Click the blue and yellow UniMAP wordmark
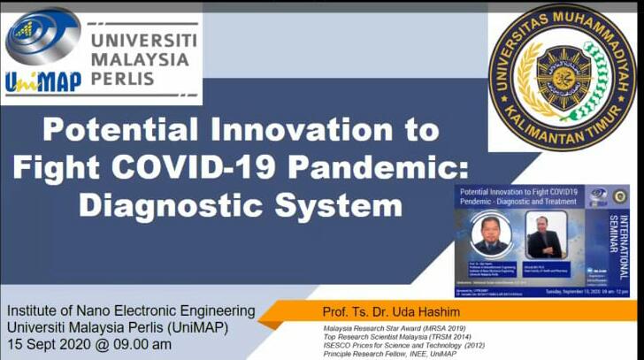coord(43,81)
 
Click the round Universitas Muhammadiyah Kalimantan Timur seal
coord(562,78)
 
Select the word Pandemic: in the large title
coord(398,168)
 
